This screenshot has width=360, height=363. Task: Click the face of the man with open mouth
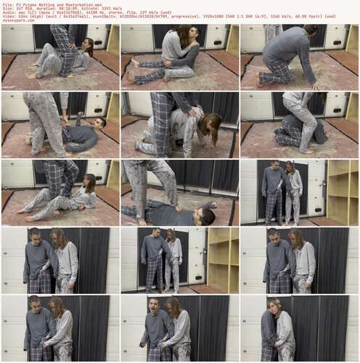point(154,306)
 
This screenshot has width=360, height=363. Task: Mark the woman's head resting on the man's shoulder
point(279,308)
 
